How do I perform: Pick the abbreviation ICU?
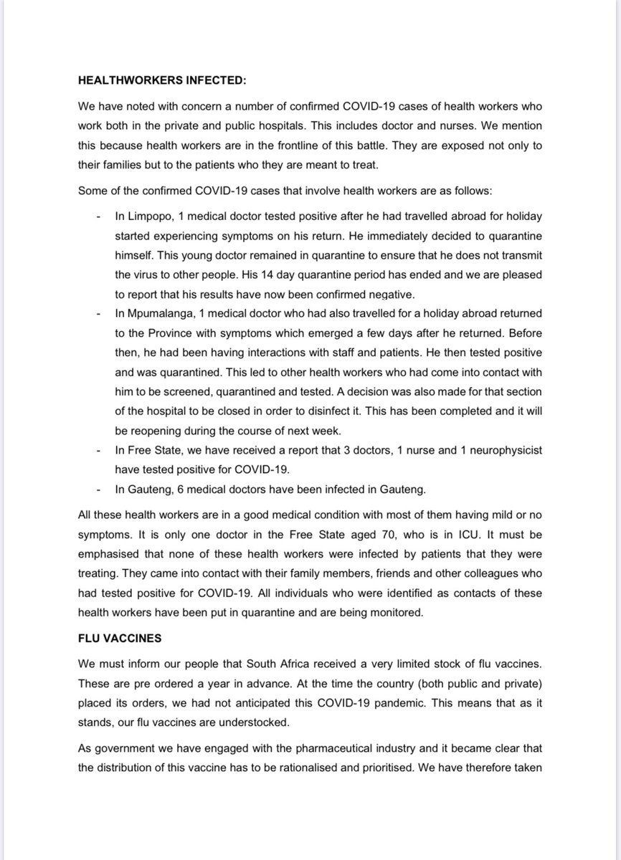[x=465, y=534]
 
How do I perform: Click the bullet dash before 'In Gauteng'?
[x=97, y=488]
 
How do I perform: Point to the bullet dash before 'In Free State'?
[x=97, y=449]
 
